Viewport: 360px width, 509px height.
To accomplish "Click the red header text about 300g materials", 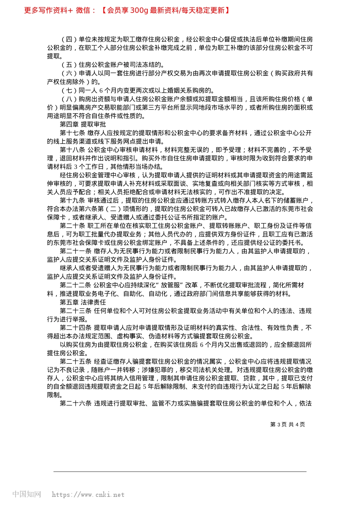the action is pyautogui.click(x=127, y=10).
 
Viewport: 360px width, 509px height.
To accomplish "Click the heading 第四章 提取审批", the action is pyautogui.click(x=83, y=124).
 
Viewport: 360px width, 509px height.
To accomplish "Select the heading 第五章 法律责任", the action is pyautogui.click(x=83, y=302).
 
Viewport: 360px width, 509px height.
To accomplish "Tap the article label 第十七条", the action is pyautogui.click(x=72, y=133).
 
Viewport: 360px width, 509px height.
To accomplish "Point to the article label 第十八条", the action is pyautogui.click(x=72, y=150).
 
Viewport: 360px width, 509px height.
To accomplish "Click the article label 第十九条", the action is pyautogui.click(x=72, y=200).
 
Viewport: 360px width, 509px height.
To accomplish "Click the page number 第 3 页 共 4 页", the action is pyautogui.click(x=287, y=425).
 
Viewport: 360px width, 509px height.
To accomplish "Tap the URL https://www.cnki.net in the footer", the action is pyautogui.click(x=88, y=495).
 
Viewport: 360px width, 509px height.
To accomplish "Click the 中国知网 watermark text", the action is pyautogui.click(x=27, y=494).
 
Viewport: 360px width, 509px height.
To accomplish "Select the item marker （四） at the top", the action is pyautogui.click(x=69, y=39).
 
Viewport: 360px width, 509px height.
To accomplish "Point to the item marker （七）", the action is pyautogui.click(x=69, y=90).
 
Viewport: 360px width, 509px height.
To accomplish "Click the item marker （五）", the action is pyautogui.click(x=69, y=65).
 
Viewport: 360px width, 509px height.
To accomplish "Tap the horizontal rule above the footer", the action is pyautogui.click(x=180, y=472).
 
